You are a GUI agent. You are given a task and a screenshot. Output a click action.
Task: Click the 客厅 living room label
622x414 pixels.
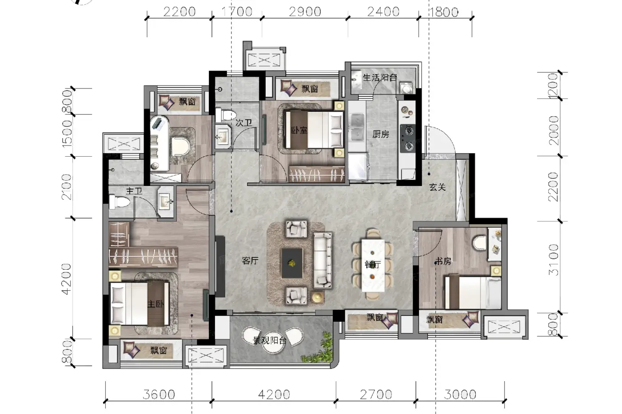pyautogui.click(x=250, y=260)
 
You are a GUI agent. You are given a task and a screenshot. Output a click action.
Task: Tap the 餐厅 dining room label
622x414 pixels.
pyautogui.click(x=373, y=264)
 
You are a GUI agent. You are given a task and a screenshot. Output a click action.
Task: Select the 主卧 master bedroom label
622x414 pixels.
pyautogui.click(x=155, y=304)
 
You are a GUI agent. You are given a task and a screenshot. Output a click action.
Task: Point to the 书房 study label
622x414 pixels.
pyautogui.click(x=443, y=261)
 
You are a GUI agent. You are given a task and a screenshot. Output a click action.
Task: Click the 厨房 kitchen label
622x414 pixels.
pyautogui.click(x=381, y=134)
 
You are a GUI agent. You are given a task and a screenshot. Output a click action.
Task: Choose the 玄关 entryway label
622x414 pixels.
pyautogui.click(x=437, y=187)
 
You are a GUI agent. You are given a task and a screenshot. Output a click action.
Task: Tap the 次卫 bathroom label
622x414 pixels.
pyautogui.click(x=244, y=122)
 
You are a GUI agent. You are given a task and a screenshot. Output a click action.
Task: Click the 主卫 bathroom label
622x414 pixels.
pyautogui.click(x=134, y=191)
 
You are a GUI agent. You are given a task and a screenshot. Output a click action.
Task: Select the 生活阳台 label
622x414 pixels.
pyautogui.click(x=380, y=77)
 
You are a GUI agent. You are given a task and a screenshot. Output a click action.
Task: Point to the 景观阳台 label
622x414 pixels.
pyautogui.click(x=269, y=340)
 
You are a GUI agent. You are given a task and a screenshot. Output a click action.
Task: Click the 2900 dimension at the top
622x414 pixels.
pyautogui.click(x=305, y=12)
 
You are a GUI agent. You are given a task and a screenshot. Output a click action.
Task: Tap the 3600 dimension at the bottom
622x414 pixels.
pyautogui.click(x=159, y=394)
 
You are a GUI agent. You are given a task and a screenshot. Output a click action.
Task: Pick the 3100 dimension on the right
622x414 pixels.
pyautogui.click(x=554, y=260)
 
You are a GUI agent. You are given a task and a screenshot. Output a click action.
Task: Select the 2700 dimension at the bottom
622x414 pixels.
pyautogui.click(x=376, y=394)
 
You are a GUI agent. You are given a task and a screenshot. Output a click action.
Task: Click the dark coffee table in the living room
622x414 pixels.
pyautogui.click(x=292, y=263)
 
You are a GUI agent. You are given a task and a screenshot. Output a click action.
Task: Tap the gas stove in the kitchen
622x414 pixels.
pyautogui.click(x=408, y=138)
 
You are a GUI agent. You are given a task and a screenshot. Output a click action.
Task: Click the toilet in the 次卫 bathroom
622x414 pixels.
pyautogui.click(x=226, y=115)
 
